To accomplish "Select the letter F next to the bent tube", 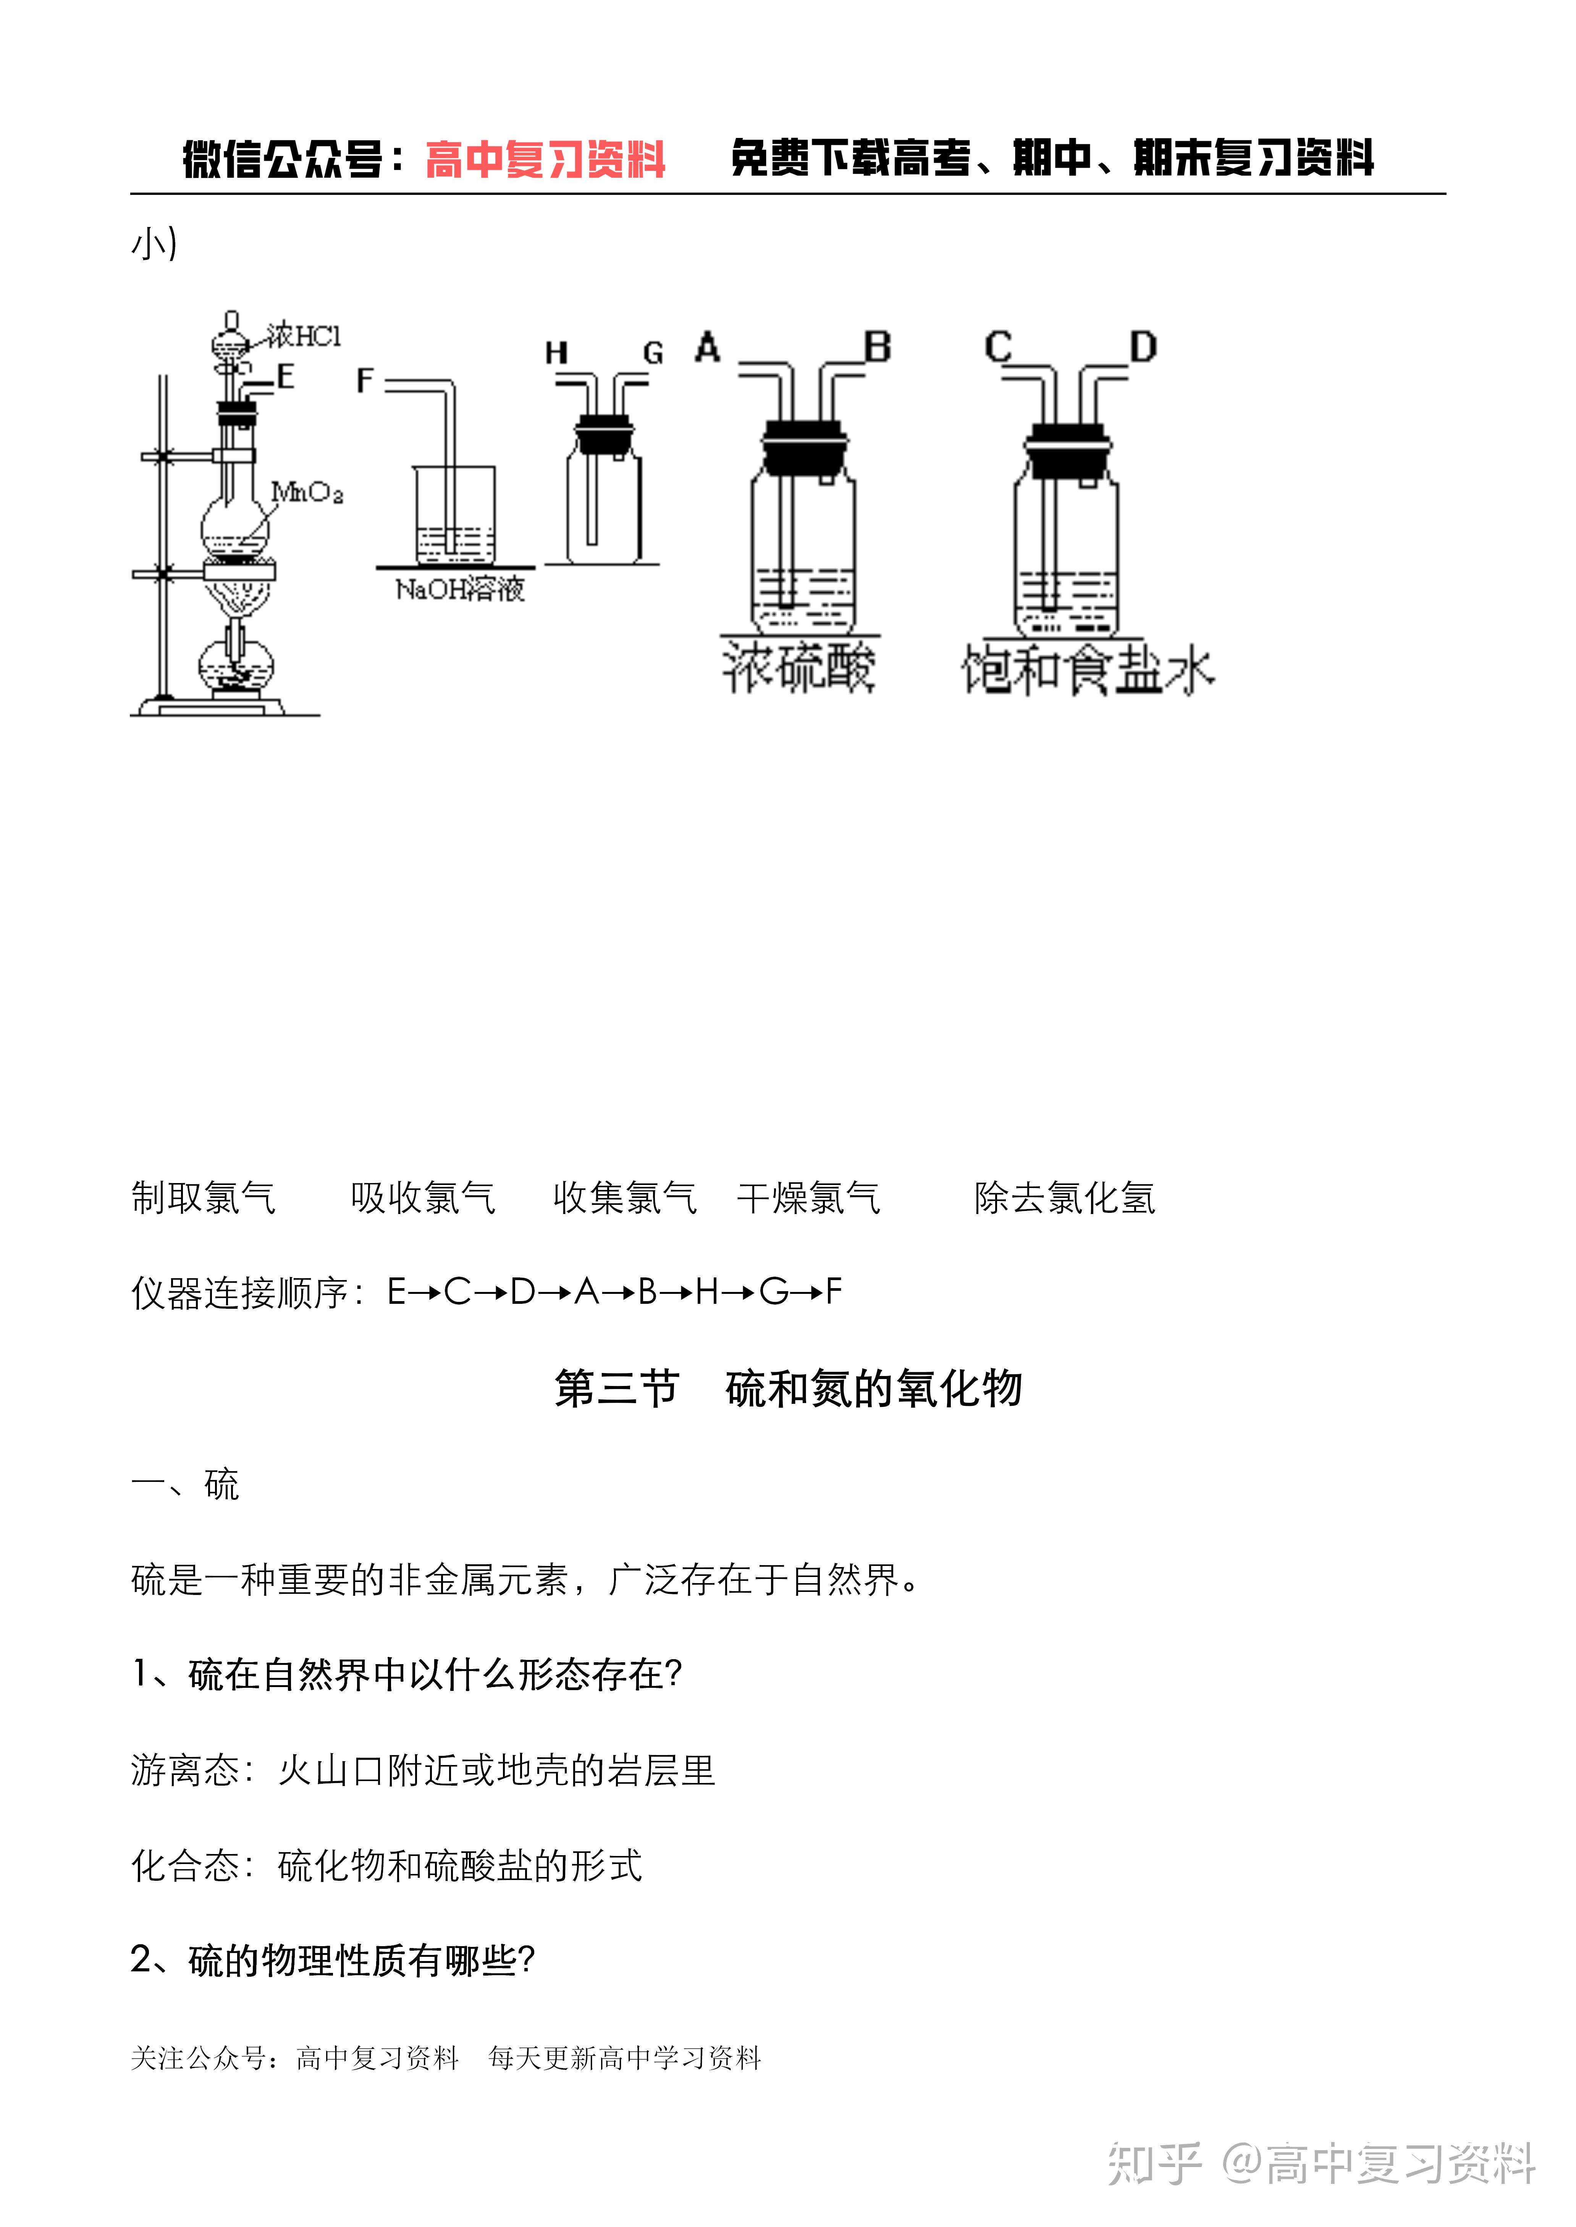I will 365,379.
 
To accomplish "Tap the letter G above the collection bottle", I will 653,353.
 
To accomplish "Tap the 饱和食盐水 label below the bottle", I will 1087,670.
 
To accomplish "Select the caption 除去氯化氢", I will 1065,1198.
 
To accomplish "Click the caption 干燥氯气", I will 808,1198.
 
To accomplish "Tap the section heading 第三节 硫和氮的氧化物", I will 788,1388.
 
